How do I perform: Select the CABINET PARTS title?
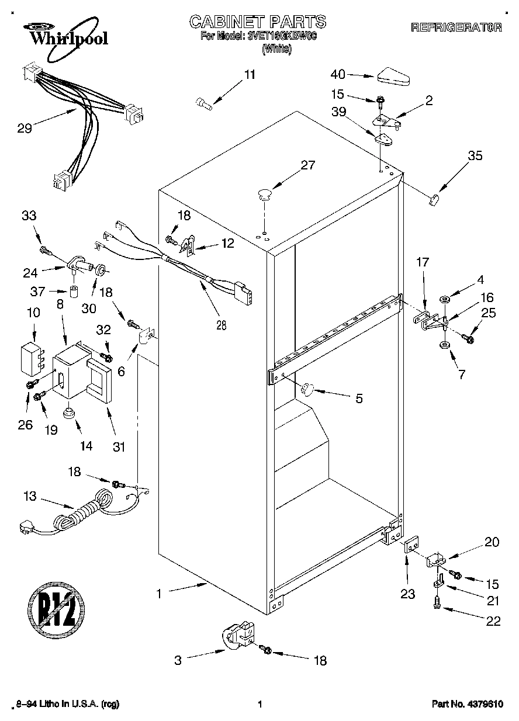click(258, 22)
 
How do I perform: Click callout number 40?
click(338, 74)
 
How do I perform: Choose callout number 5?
click(358, 398)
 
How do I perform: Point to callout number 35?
click(475, 156)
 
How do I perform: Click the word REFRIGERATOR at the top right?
click(457, 27)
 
